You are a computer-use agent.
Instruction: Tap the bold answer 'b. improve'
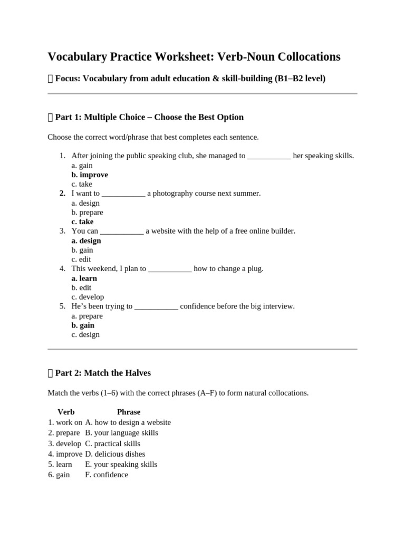[90, 175]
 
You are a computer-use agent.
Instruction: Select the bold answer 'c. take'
[82, 221]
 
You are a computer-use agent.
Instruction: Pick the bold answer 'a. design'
[86, 240]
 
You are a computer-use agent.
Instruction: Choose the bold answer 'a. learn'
[84, 278]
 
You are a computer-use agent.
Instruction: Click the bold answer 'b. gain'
[83, 325]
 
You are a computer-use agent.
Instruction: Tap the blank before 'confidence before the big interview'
[156, 306]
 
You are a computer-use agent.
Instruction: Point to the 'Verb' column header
[66, 412]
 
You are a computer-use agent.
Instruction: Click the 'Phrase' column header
[129, 412]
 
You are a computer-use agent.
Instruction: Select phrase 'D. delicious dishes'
[115, 454]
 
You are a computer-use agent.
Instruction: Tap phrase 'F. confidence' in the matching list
[107, 475]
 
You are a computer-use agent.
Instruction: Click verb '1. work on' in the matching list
[65, 422]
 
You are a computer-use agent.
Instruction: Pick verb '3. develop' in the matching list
[64, 443]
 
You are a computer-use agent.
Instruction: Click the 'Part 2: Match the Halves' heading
[103, 373]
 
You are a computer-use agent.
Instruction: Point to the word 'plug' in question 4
[255, 269]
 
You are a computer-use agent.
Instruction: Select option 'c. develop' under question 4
[88, 297]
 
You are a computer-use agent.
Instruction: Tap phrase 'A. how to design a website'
[128, 422]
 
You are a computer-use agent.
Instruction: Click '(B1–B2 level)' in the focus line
[300, 79]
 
